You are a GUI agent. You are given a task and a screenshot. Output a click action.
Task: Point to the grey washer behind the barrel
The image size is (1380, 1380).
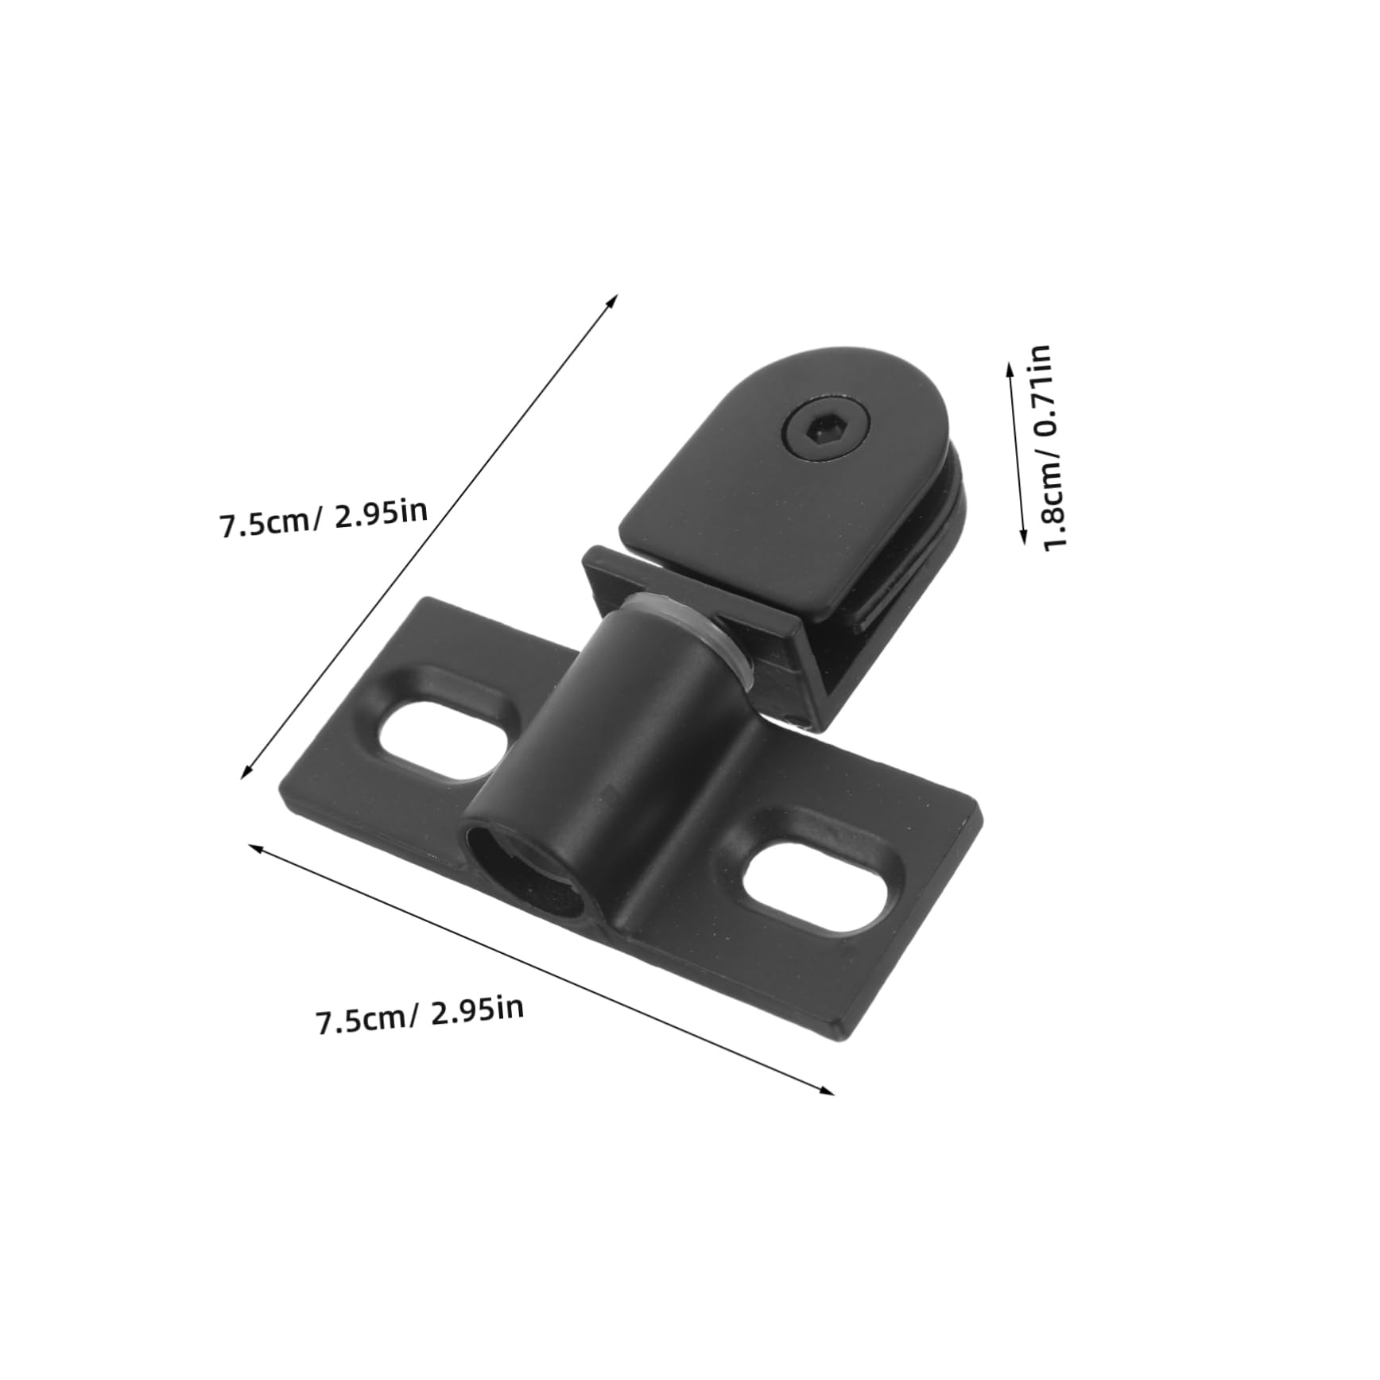(727, 636)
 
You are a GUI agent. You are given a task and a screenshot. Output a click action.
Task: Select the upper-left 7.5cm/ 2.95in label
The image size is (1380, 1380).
(324, 521)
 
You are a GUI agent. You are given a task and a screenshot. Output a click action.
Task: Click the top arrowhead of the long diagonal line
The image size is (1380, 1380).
(614, 297)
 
